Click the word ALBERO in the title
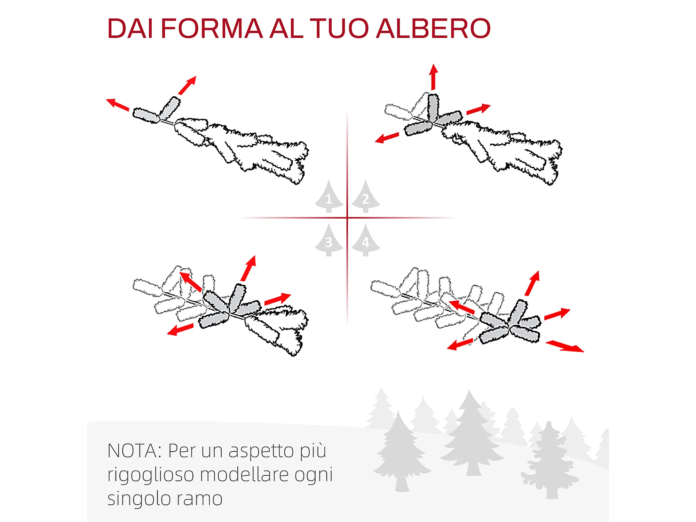[434, 28]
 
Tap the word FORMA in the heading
[212, 28]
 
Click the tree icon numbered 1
[329, 196]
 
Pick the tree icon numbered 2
[366, 196]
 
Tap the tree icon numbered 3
[329, 240]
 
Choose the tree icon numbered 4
[366, 240]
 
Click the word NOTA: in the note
[135, 451]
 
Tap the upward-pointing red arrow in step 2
[433, 77]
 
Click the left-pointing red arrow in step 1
[118, 104]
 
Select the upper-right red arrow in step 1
[187, 85]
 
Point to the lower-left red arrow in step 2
[387, 137]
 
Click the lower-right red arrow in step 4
[565, 347]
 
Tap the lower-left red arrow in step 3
[180, 329]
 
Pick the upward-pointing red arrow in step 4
[532, 284]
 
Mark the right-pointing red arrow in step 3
[278, 299]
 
